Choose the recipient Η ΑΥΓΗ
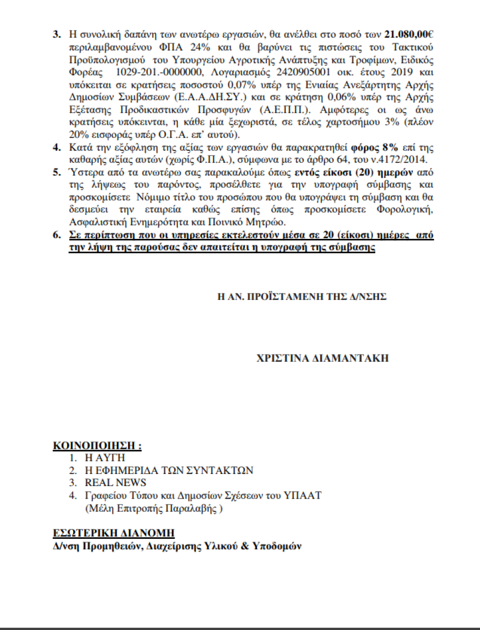pos(105,458)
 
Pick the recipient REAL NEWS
pos(115,483)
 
